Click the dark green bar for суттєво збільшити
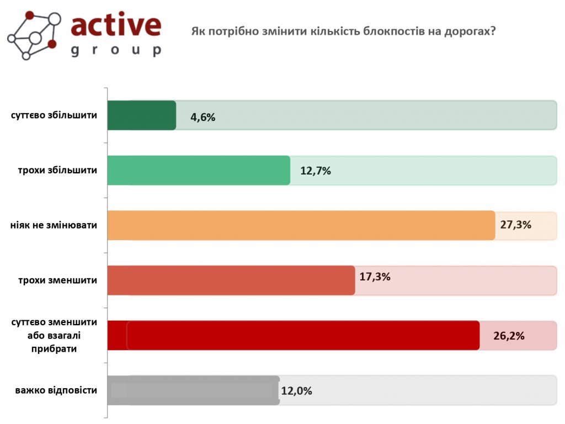141,115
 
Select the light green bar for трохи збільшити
199,170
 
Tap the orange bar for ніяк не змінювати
301,225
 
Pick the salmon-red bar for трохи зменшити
231,280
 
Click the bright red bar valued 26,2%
293,335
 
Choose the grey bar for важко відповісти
193,390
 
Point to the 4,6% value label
202,117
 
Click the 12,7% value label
316,171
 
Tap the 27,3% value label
516,225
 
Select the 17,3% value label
375,277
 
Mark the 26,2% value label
509,336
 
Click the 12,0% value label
297,391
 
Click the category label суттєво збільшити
54,115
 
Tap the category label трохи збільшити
57,170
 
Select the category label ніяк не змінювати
54,225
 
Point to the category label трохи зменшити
57,280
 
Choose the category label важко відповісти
56,390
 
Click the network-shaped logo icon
34,34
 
